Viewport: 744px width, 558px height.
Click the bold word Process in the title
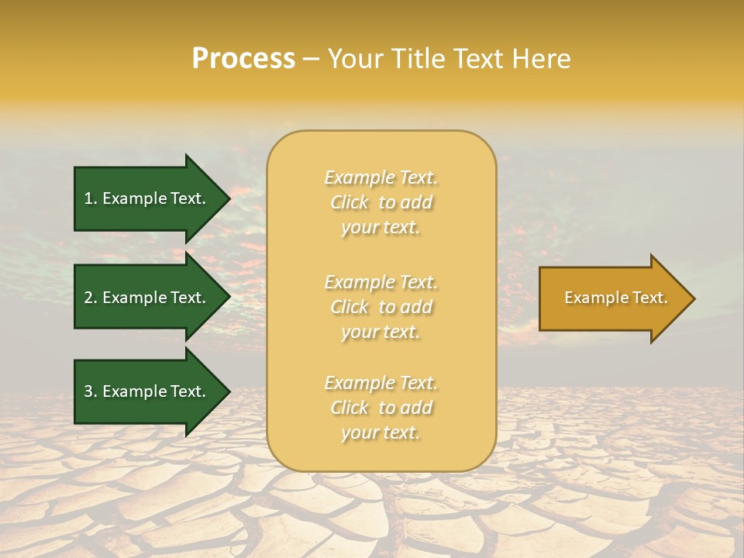[x=243, y=59]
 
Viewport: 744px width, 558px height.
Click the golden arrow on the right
[x=612, y=298]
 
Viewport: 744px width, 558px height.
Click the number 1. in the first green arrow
[x=91, y=198]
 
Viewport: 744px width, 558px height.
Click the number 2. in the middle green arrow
[x=91, y=298]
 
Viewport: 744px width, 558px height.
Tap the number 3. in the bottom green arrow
[x=91, y=391]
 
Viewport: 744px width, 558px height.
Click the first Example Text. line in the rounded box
[x=381, y=177]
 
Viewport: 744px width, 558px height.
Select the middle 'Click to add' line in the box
[x=381, y=307]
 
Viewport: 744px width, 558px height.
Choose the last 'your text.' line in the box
[x=381, y=433]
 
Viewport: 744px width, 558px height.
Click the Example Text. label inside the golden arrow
[x=615, y=298]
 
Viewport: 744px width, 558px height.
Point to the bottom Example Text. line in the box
[x=381, y=383]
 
